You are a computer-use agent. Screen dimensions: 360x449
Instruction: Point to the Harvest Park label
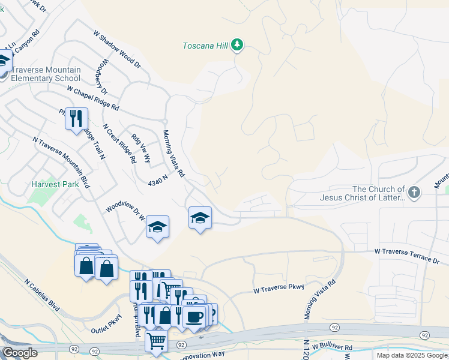[x=55, y=185]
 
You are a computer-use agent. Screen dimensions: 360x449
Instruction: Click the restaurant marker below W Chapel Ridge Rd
[x=76, y=119]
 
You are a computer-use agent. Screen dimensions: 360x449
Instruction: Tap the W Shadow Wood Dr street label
[x=116, y=50]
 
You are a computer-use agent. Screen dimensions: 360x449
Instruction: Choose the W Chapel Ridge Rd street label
[x=93, y=99]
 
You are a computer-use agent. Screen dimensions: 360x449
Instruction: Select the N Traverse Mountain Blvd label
[x=61, y=163]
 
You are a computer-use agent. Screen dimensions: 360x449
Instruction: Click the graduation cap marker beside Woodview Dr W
[x=157, y=227]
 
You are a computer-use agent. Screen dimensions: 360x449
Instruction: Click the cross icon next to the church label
[x=414, y=193]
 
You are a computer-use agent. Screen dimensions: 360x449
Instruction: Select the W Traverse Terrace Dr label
[x=408, y=256]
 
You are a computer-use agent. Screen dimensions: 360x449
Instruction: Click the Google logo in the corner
[x=20, y=353]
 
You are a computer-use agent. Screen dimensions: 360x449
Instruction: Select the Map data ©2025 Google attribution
[x=412, y=355]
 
